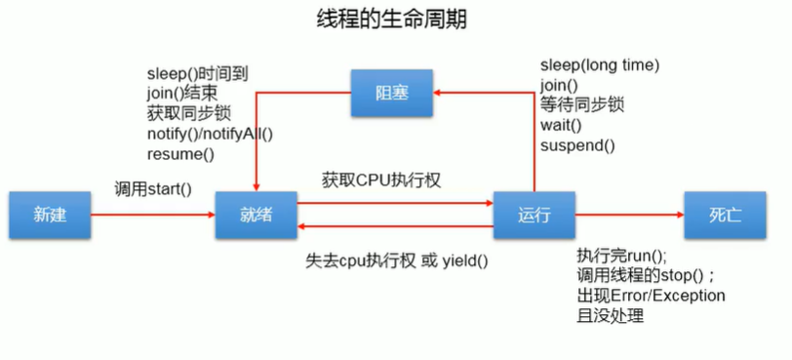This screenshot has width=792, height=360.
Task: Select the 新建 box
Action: pyautogui.click(x=50, y=214)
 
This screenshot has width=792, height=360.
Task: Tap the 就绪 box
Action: pyautogui.click(x=256, y=214)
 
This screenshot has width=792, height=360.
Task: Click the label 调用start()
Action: pyautogui.click(x=152, y=187)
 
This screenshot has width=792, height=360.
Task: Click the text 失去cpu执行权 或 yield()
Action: pyautogui.click(x=396, y=260)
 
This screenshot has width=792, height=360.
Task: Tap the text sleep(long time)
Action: pyautogui.click(x=600, y=65)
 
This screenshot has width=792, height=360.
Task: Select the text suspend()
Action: pyautogui.click(x=577, y=146)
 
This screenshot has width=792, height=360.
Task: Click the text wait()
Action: pyautogui.click(x=561, y=126)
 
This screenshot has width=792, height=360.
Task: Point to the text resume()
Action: pyautogui.click(x=180, y=154)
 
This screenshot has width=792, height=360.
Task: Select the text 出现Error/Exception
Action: pyautogui.click(x=651, y=295)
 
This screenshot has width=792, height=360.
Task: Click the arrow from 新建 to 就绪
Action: pyautogui.click(x=153, y=214)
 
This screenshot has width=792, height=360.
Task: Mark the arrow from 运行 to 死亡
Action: pyautogui.click(x=629, y=214)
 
